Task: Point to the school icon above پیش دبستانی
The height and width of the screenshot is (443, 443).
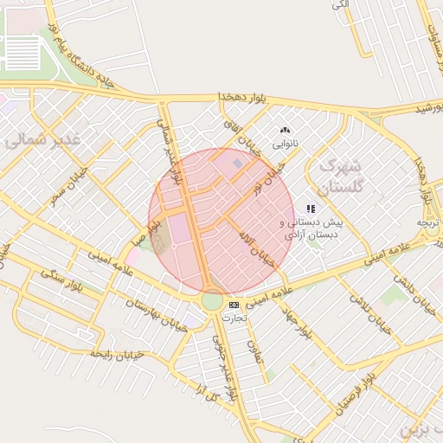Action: tap(311, 209)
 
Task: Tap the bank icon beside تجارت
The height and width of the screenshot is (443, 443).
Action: tap(234, 305)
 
